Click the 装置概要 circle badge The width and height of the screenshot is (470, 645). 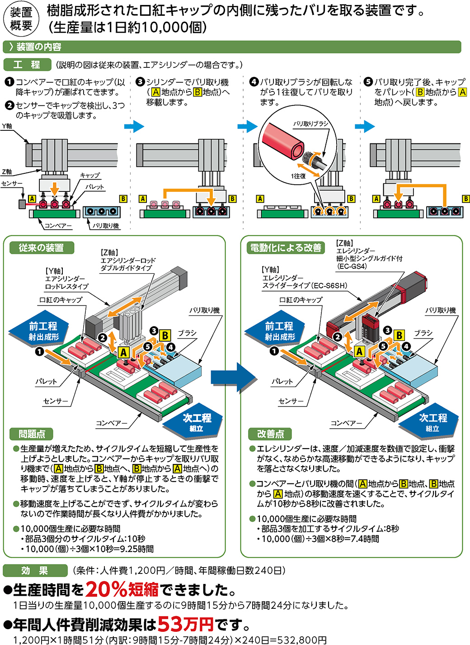point(21,19)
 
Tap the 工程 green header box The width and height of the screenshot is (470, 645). point(27,65)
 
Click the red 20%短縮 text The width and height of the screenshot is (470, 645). point(122,589)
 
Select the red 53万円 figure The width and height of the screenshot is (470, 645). point(185,625)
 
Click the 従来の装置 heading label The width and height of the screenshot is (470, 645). point(41,248)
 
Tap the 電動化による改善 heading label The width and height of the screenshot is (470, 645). point(286,248)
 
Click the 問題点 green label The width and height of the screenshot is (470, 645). point(32,434)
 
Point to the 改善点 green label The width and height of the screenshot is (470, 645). point(270,434)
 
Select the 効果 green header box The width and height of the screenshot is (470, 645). point(34,570)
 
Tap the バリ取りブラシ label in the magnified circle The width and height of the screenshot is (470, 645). point(310,124)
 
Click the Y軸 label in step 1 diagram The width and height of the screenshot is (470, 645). point(7,127)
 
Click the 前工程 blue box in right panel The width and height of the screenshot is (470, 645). point(279,330)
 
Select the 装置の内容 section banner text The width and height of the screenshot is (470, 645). point(39,47)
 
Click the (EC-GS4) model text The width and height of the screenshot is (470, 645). point(352,266)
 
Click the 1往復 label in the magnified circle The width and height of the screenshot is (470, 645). point(298,176)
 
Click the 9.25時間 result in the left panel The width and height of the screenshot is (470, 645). point(135,549)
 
